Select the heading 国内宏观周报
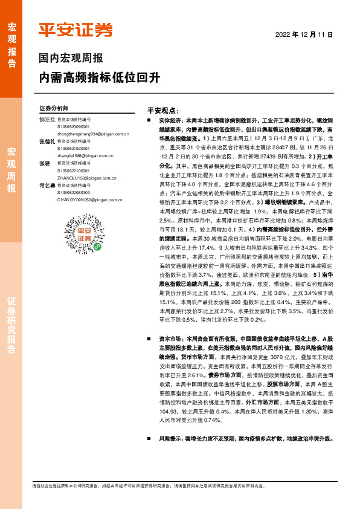pos(71,59)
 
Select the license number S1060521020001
pos(72,148)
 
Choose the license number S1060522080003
pos(72,192)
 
